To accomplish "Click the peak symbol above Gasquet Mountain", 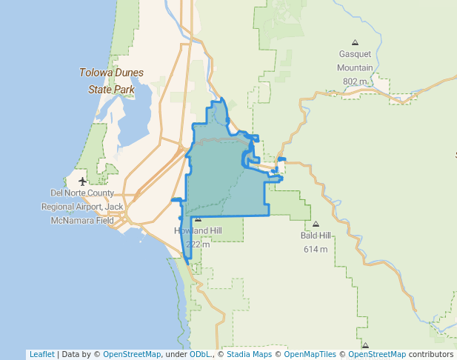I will pos(355,42).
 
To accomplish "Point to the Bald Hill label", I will pos(316,236).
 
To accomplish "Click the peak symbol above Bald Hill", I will pos(316,224).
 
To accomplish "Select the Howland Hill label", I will pos(198,231).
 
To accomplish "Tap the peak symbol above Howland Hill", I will pos(198,219).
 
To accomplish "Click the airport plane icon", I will pos(82,181).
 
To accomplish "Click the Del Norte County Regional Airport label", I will pos(82,207).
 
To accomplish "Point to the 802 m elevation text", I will pos(355,81).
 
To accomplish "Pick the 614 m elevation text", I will pos(316,249).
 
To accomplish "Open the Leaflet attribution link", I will pos(41,354).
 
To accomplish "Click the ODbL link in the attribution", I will pos(200,354).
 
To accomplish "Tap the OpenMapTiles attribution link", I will pos(310,354).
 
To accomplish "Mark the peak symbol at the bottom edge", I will pos(365,345).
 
